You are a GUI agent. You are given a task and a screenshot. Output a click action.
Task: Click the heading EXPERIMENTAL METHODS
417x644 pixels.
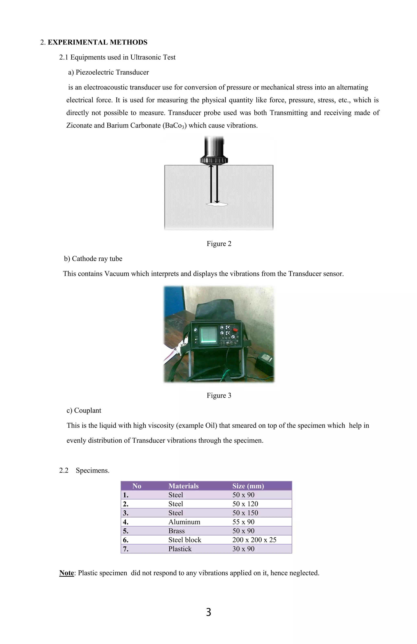point(98,42)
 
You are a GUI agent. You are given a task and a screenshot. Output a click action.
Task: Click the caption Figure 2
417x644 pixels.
point(219,244)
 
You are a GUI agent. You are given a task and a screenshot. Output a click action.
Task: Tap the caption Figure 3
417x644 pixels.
point(219,395)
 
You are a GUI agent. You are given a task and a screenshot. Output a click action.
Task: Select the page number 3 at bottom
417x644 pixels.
point(208,612)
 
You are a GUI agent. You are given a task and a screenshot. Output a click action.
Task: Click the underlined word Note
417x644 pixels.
point(67,573)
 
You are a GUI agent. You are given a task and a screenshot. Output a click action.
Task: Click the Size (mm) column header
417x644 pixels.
point(248,486)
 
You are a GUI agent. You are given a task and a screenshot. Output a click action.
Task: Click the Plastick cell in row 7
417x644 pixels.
point(180,549)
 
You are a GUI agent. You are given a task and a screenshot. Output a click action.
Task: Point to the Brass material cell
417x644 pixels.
point(176,531)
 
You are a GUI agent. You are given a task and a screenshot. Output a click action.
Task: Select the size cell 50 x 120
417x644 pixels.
point(245,504)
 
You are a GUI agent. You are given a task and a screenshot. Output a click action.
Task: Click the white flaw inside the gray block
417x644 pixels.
point(217,204)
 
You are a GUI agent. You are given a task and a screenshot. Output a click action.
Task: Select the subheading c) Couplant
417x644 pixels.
point(84,410)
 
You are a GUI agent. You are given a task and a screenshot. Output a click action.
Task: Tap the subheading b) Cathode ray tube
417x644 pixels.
point(93,258)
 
